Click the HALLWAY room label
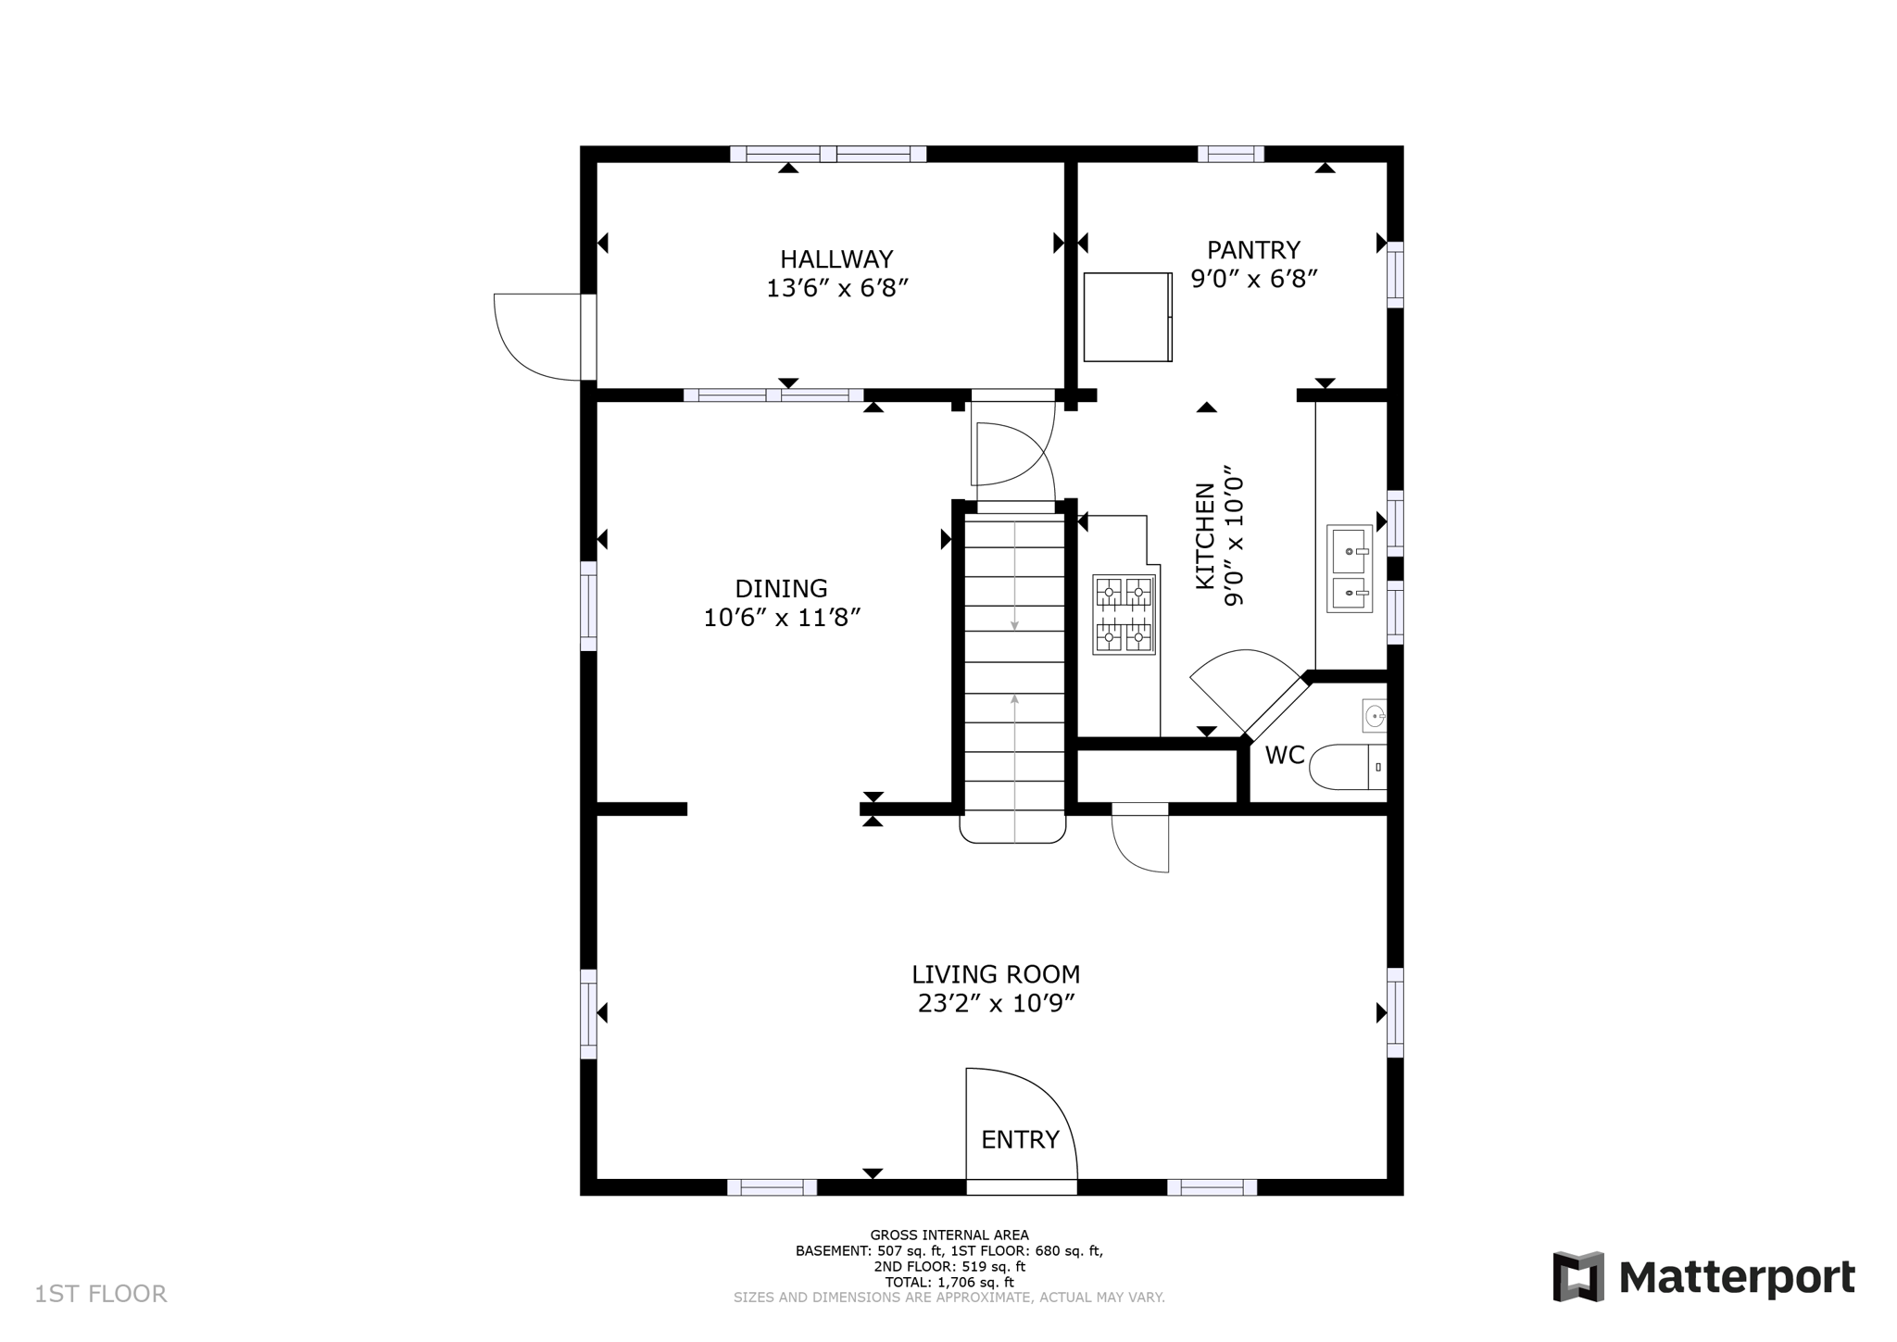(x=835, y=258)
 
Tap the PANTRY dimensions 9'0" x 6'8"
(x=1253, y=279)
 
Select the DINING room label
(x=781, y=588)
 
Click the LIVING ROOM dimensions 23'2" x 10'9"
(x=996, y=1004)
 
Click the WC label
(x=1284, y=756)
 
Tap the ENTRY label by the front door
(x=1020, y=1140)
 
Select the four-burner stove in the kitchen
(x=1124, y=615)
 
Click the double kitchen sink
(x=1349, y=569)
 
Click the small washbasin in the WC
(x=1375, y=716)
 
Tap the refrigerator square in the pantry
(x=1127, y=317)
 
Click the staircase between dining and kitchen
(x=1014, y=667)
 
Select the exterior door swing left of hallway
(x=537, y=336)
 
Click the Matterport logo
(x=1703, y=1277)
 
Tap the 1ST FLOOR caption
(x=101, y=1294)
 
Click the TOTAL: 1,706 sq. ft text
(x=948, y=1283)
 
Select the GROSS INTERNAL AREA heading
(x=948, y=1235)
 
